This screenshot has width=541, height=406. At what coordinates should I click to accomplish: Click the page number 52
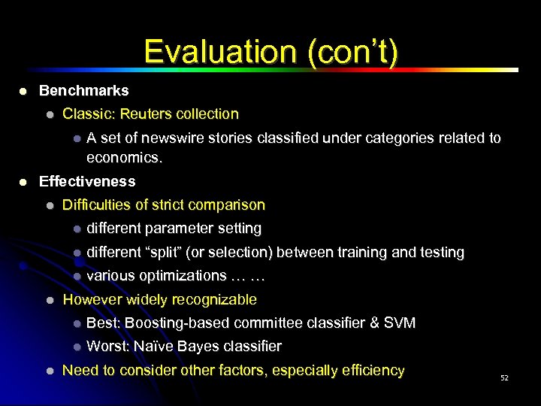click(504, 377)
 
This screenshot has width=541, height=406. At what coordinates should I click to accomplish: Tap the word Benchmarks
click(83, 90)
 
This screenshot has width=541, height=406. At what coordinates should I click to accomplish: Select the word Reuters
click(148, 114)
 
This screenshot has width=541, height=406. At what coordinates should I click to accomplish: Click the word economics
click(124, 158)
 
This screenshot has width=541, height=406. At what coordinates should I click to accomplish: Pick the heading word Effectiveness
click(87, 181)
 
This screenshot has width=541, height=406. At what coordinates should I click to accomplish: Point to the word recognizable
click(214, 299)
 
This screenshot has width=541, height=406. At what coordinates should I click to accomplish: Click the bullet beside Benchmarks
click(23, 91)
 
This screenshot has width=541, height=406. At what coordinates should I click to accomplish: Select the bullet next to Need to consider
click(49, 371)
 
